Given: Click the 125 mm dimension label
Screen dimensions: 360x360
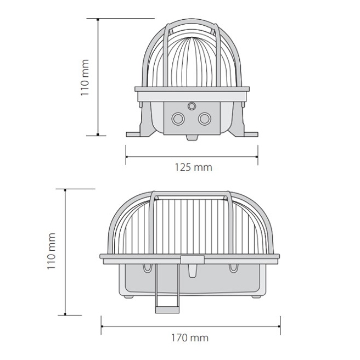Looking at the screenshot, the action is coord(193,167).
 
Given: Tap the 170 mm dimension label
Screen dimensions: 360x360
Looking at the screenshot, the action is coord(190,337).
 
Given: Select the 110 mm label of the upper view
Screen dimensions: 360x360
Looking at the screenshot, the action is coord(85,77).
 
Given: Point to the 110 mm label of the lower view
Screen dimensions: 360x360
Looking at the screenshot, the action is coord(51,251).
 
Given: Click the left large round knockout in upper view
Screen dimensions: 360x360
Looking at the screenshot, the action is coord(178,119).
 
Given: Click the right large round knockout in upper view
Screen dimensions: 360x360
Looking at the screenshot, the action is coord(204,119).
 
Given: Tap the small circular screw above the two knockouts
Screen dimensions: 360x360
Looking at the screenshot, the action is coord(192,106).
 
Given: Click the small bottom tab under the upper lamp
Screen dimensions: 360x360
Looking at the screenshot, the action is coord(192,138).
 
